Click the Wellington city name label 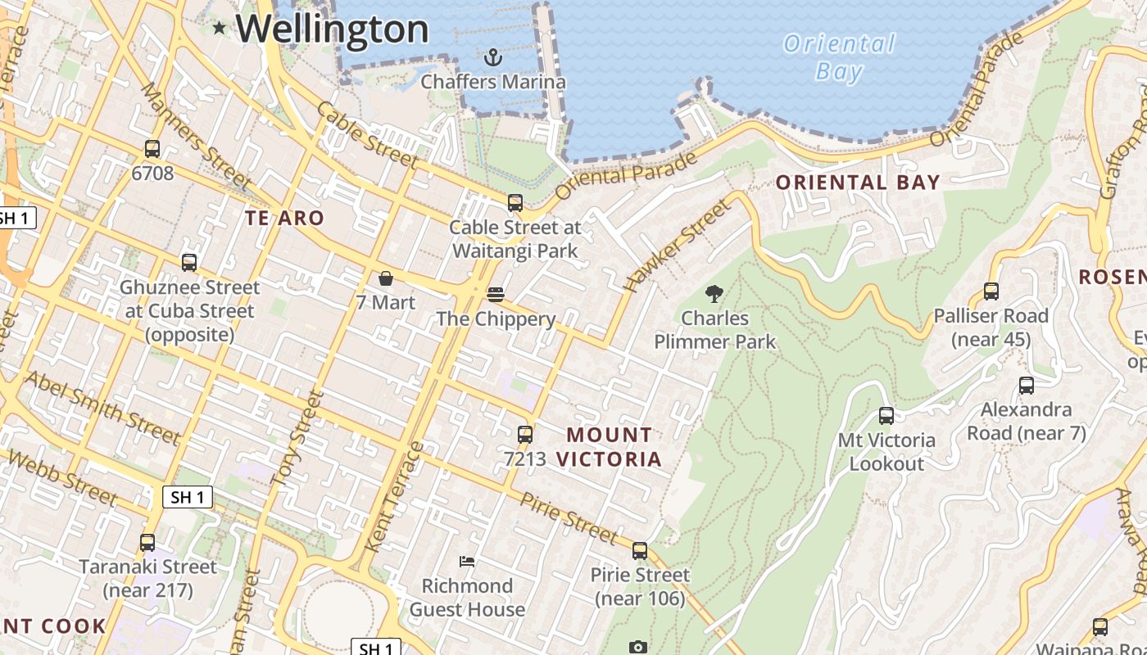coord(332,29)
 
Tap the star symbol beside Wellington coord(219,29)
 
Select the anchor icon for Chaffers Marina coord(492,57)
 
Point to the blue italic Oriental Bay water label coord(839,57)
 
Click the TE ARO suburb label coord(285,218)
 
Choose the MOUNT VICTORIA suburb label coord(610,447)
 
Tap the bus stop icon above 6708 coord(152,149)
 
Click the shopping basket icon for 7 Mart coord(386,278)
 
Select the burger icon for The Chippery coord(496,294)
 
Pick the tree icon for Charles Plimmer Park coord(714,293)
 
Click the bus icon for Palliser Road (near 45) coord(991,291)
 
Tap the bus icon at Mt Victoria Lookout coord(886,416)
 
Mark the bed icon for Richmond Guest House coord(467,562)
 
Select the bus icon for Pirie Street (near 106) coord(640,551)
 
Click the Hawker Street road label coord(676,246)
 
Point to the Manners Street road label coord(196,135)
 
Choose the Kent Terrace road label coord(395,497)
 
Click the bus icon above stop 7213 coord(525,435)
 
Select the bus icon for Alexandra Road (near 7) coord(1027,386)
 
